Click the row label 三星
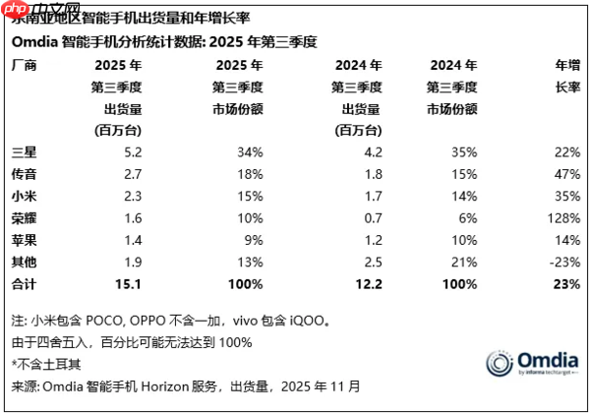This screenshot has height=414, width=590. click(22, 152)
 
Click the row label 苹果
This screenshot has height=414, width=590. click(22, 240)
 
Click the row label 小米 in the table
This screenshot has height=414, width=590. click(22, 196)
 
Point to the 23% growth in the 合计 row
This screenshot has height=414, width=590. click(565, 284)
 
